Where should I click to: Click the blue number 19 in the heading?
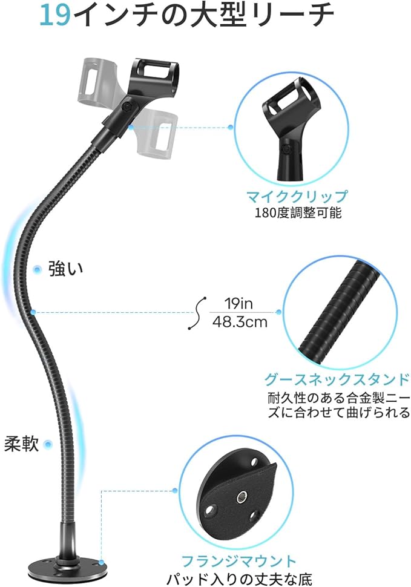click(x=55, y=16)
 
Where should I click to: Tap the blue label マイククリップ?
click(x=297, y=196)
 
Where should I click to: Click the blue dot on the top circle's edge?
click(x=231, y=127)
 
